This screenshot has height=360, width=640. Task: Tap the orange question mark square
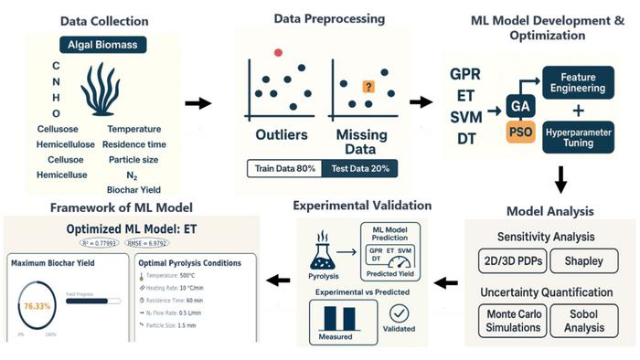[x=368, y=87]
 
